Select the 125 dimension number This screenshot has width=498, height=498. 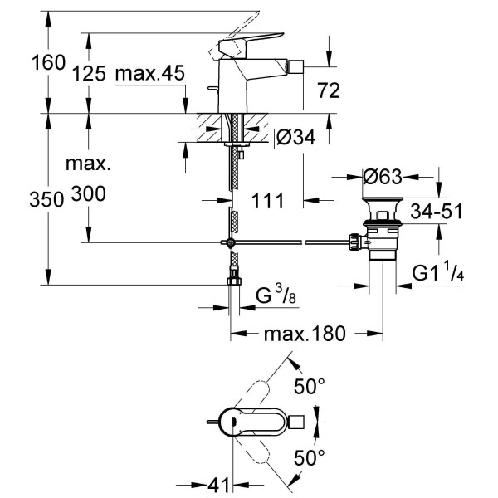pos(89,73)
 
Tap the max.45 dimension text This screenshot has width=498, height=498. pos(149,73)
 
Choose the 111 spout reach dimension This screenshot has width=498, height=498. pos(269,200)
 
